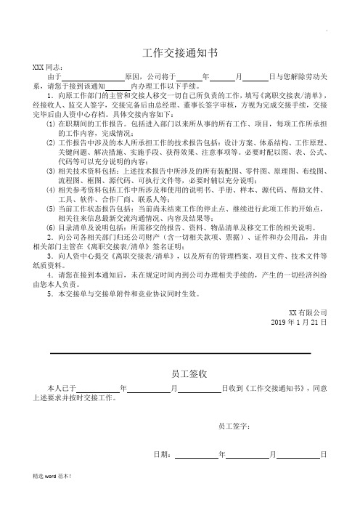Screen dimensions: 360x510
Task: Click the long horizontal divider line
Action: [x=180, y=352]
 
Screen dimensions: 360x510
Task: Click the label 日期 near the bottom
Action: [x=164, y=455]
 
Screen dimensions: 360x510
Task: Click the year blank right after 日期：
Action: [x=196, y=456]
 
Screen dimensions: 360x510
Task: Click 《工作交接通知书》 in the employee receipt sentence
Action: [x=270, y=389]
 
